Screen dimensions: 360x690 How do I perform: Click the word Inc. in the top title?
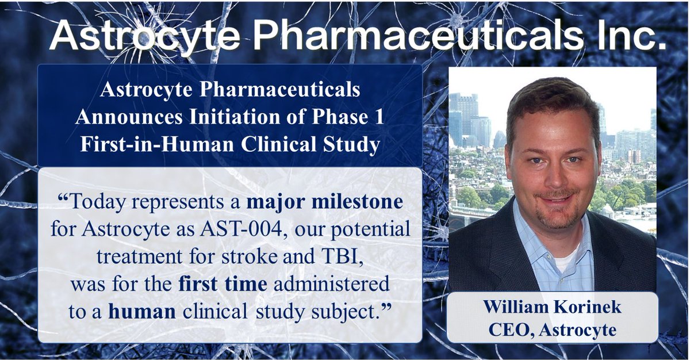pyautogui.click(x=626, y=36)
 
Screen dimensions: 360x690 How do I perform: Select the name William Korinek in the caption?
pyautogui.click(x=552, y=307)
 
